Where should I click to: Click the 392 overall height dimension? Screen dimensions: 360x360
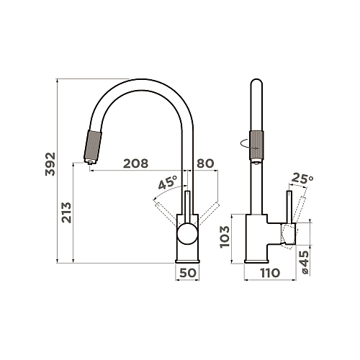point(50,164)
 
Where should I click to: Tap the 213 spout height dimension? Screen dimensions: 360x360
point(66,212)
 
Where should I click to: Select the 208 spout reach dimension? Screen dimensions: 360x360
point(135,163)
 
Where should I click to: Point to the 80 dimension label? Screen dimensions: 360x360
point(205,163)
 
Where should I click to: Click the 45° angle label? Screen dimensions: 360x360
point(168,182)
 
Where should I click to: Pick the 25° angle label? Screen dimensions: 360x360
point(302,179)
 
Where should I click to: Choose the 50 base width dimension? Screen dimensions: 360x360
point(188,273)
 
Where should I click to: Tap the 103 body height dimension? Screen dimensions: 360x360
point(225,237)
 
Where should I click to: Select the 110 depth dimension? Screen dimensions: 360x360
point(270,273)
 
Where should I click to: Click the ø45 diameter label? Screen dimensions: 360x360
point(305,262)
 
